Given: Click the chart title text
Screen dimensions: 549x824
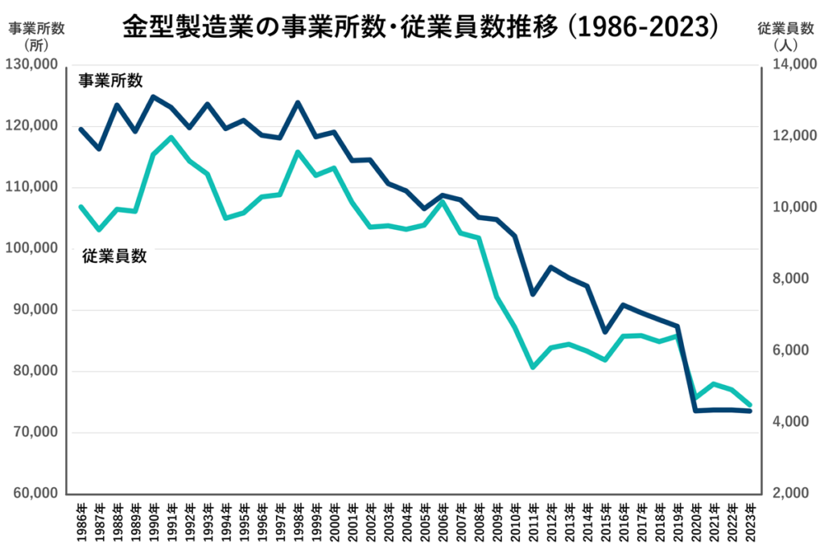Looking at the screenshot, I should pyautogui.click(x=419, y=27).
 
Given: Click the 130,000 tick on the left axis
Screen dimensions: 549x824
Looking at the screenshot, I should pyautogui.click(x=33, y=64).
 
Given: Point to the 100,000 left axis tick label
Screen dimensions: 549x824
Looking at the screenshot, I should pyautogui.click(x=33, y=248).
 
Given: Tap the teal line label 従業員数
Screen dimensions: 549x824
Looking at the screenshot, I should pyautogui.click(x=114, y=256).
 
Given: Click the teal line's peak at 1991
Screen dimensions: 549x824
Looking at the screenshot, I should pyautogui.click(x=171, y=137).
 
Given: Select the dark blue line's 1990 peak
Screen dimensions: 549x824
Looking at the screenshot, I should pyautogui.click(x=153, y=96).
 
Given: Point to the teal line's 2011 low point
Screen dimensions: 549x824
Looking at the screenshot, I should pyautogui.click(x=533, y=367).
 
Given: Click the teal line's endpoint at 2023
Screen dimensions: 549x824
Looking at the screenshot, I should pyautogui.click(x=750, y=405).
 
